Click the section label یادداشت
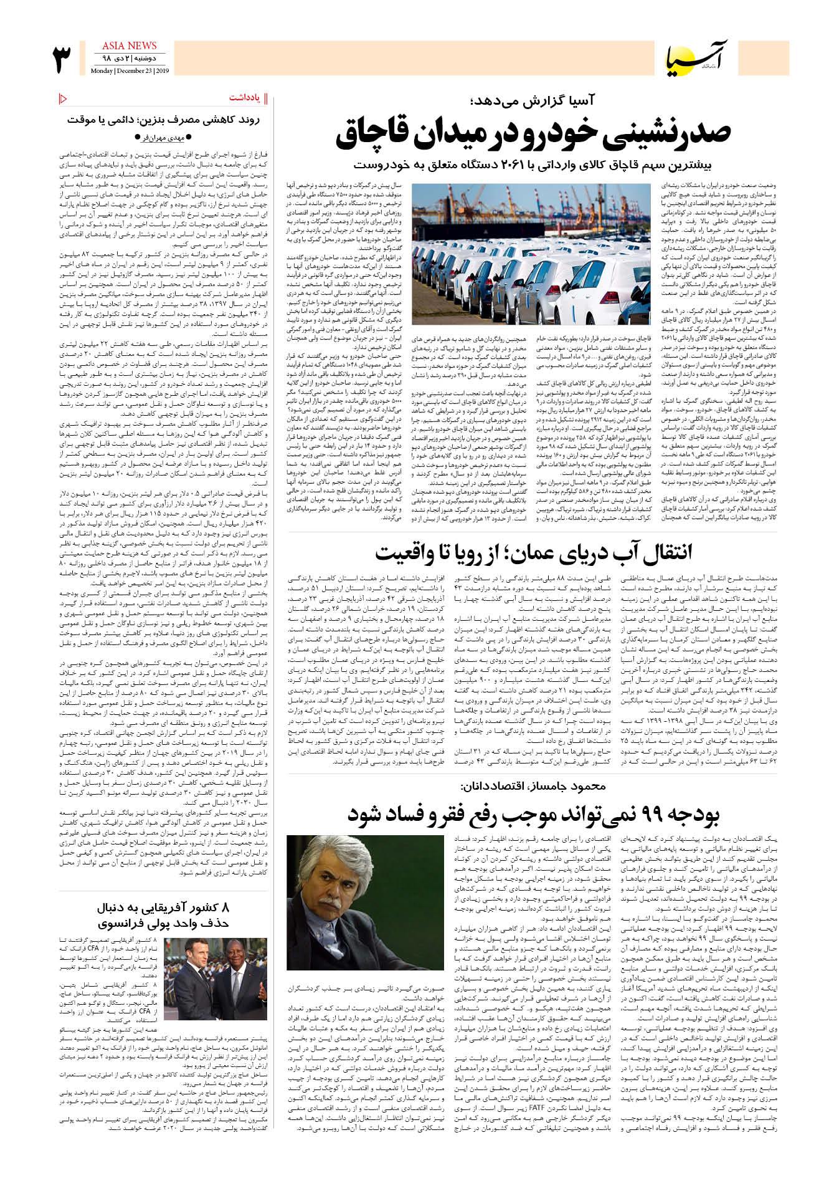[x=244, y=98]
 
